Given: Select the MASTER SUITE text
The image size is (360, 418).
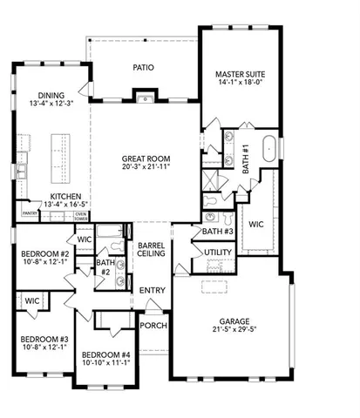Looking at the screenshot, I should (241, 75).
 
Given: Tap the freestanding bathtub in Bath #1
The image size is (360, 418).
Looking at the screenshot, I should (269, 148).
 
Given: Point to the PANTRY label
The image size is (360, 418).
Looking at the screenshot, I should (30, 212).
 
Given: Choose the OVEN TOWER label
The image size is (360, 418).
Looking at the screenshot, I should (80, 215).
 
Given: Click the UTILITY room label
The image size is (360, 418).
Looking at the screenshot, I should (217, 253).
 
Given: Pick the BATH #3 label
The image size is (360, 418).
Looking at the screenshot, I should (217, 232).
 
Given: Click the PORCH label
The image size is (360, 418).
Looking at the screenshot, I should (153, 326).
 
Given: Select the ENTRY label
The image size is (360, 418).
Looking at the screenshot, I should (153, 290).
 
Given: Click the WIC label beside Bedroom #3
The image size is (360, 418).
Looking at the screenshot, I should (32, 301).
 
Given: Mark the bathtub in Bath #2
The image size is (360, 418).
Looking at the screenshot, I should (112, 233).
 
